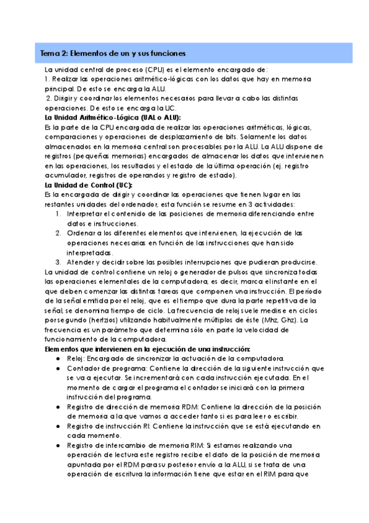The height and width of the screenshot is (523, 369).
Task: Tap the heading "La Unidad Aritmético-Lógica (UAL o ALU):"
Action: [108, 117]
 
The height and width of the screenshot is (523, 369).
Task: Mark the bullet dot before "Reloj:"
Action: [57, 358]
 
